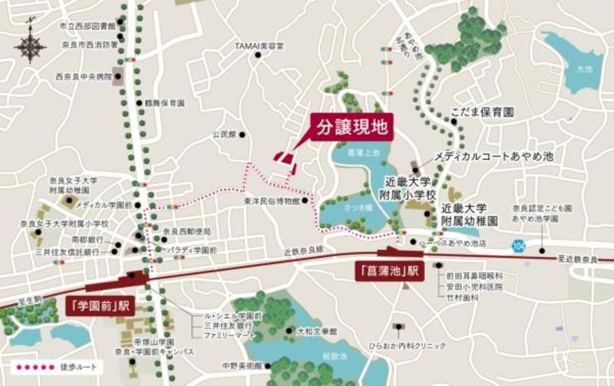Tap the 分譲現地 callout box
353,126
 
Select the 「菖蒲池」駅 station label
390,271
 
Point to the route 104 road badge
521,243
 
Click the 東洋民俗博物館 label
271,202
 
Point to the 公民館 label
223,135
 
